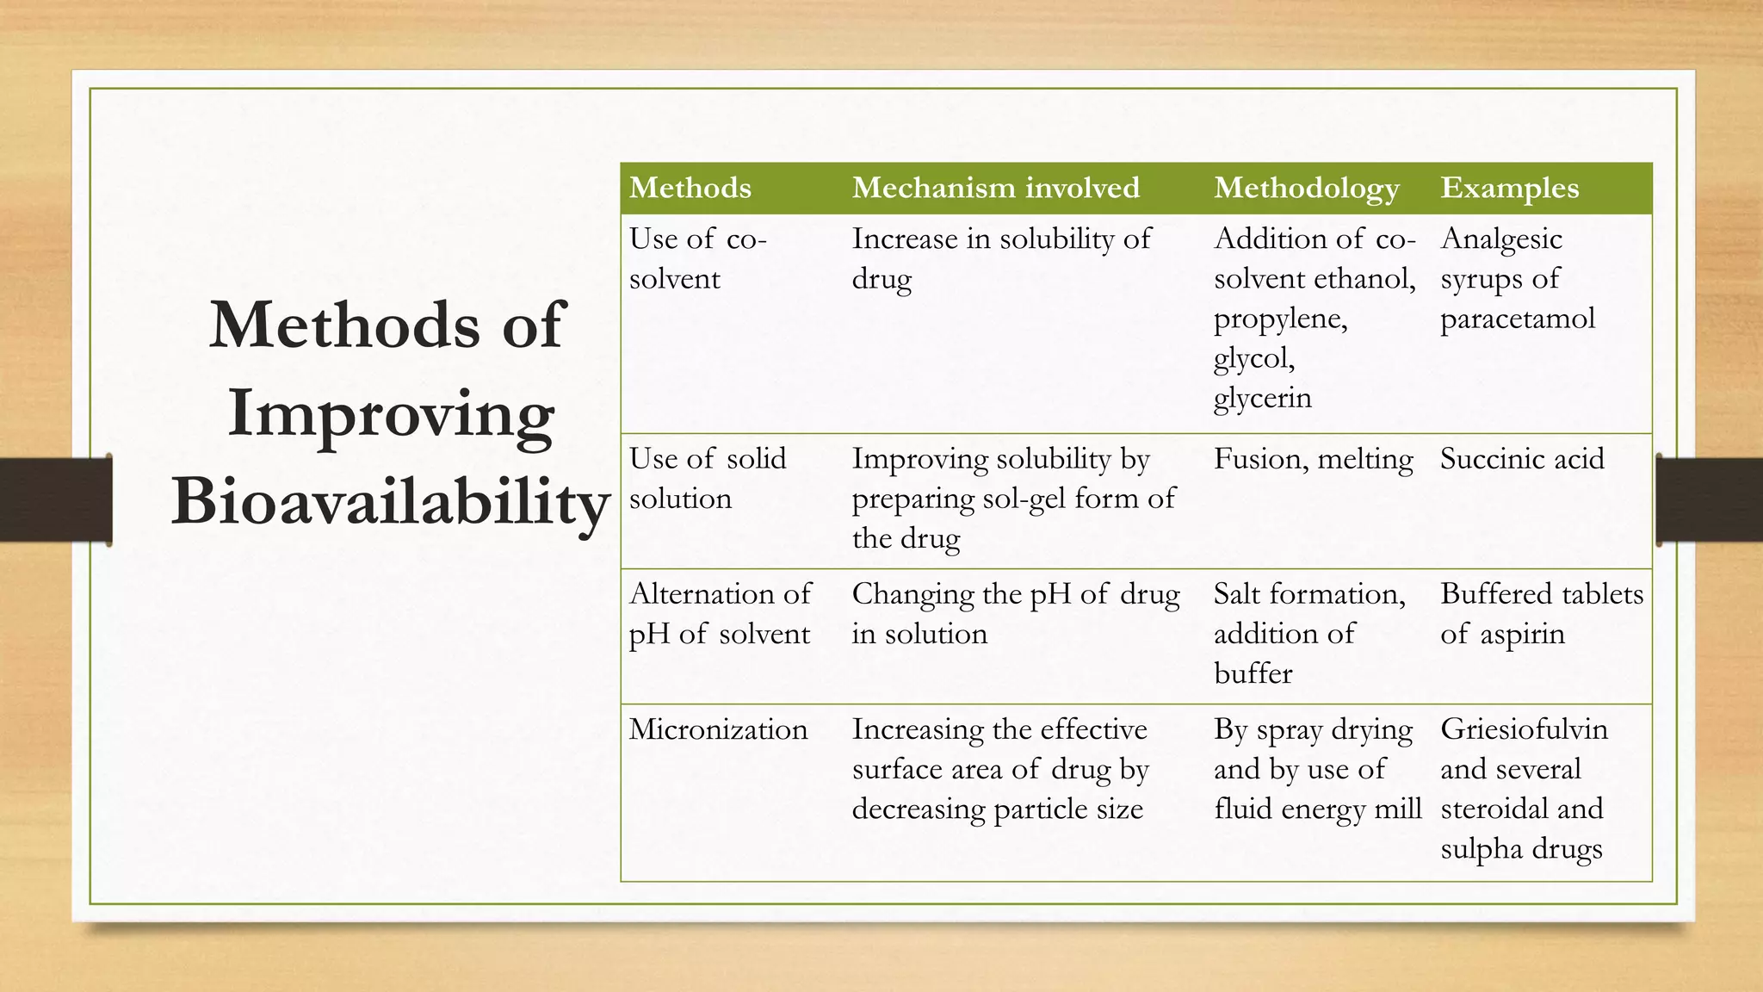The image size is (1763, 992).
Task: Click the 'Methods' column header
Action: tap(690, 188)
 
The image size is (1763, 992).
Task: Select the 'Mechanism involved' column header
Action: tap(995, 188)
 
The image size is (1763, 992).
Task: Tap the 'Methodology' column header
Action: tap(1306, 188)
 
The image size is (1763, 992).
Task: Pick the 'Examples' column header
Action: tap(1509, 188)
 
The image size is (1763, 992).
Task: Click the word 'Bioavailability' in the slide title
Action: tap(390, 501)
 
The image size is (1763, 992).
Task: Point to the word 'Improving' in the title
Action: tap(390, 413)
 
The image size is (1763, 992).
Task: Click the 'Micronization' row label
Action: tap(718, 729)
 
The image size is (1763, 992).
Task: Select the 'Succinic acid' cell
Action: tap(1522, 459)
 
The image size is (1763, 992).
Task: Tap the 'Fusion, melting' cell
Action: tap(1313, 459)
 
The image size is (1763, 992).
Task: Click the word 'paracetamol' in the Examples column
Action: tap(1517, 319)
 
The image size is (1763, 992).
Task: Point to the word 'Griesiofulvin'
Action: tap(1524, 729)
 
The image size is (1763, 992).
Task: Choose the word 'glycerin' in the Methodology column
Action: tap(1262, 398)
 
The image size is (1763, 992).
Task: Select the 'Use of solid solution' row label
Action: tap(707, 478)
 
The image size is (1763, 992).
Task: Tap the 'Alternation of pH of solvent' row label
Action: tap(720, 613)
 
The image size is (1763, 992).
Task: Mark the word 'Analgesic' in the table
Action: tap(1500, 239)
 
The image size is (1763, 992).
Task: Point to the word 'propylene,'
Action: tap(1280, 319)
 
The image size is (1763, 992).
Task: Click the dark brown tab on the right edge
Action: tap(1709, 500)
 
